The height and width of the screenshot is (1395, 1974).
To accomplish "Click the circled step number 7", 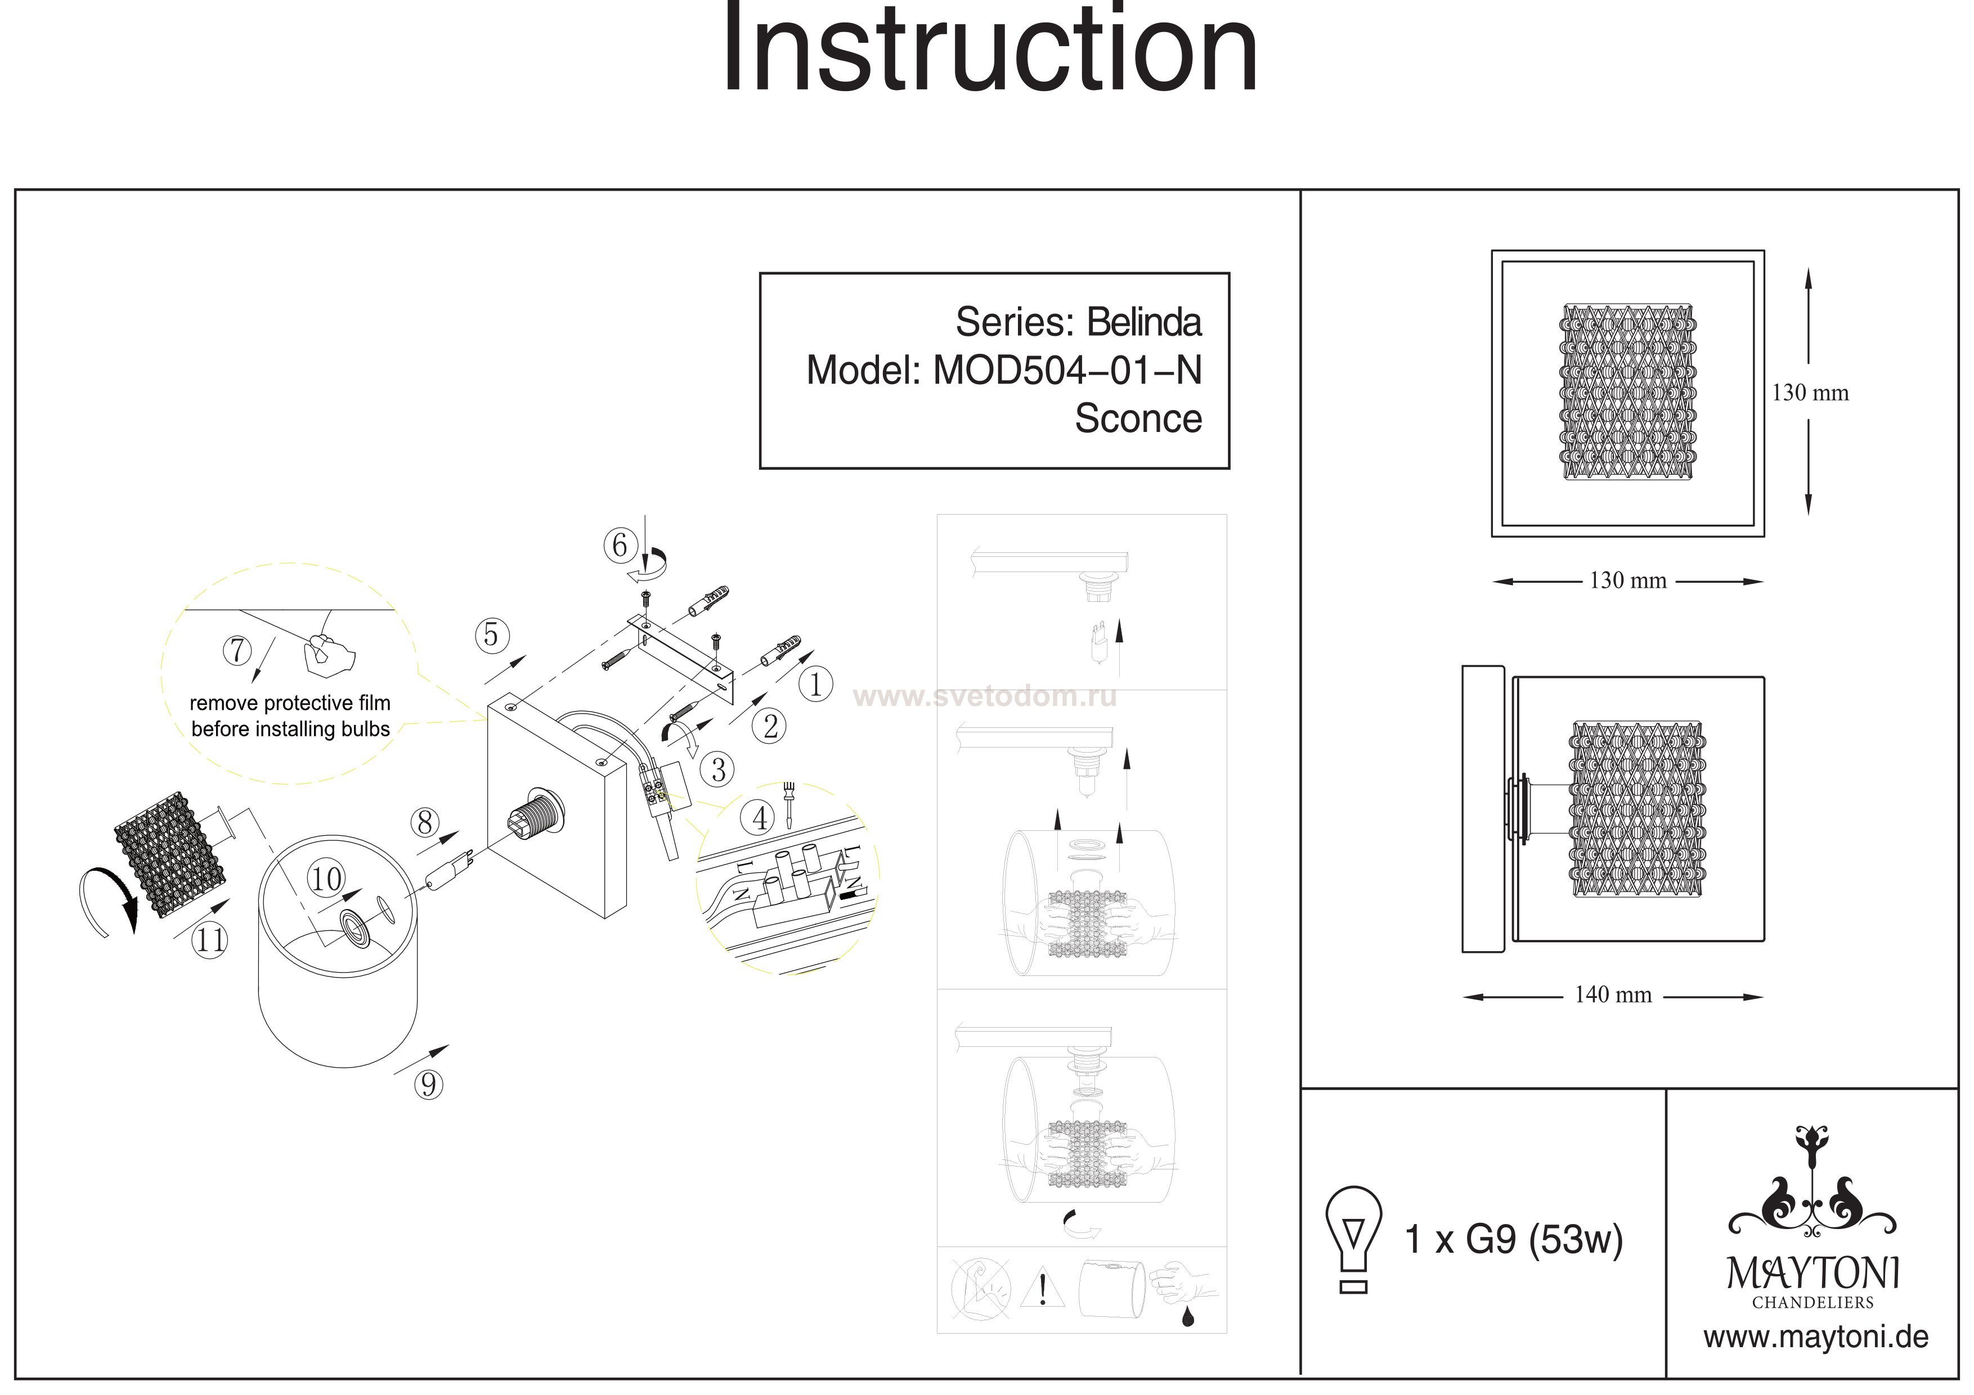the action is (x=237, y=651).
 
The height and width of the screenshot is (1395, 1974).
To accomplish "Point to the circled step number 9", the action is (x=428, y=1084).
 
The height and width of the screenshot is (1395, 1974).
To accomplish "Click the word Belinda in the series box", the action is (x=1143, y=322).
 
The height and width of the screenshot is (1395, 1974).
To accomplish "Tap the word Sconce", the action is (x=1138, y=418).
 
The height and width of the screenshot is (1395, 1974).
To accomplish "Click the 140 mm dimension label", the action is (x=1613, y=994).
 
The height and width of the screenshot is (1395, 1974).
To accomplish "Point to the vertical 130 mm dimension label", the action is (x=1810, y=393).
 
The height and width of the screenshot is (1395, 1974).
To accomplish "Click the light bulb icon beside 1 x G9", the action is (x=1354, y=1239).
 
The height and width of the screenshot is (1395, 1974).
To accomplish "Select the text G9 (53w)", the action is (x=1544, y=1239).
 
